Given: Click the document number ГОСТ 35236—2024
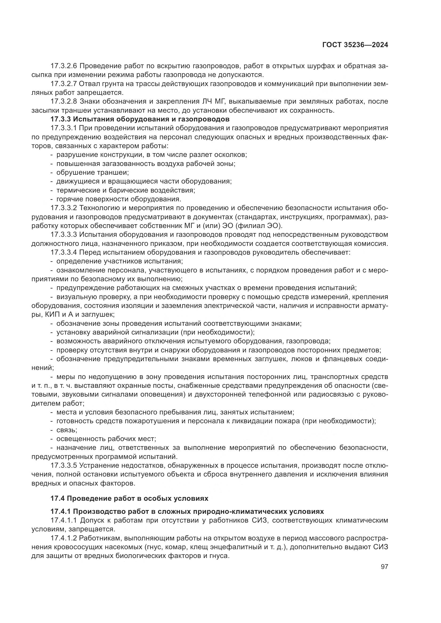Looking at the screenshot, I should click(x=355, y=45).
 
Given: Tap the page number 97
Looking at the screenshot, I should click(x=384, y=567).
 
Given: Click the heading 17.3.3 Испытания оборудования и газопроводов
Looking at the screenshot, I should click(x=140, y=119).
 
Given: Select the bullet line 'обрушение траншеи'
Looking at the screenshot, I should click(x=92, y=173).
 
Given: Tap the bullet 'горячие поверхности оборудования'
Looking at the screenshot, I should click(x=118, y=199).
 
